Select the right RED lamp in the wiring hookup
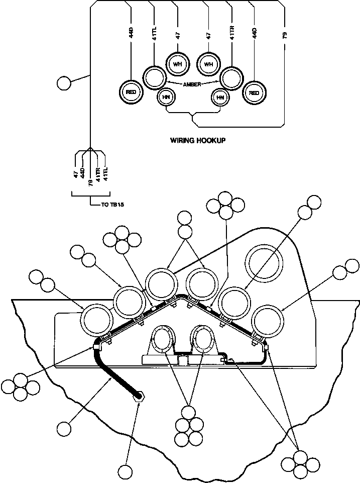(254, 92)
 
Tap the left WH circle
(177, 64)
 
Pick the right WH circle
(208, 64)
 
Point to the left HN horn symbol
(165, 98)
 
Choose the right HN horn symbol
(219, 98)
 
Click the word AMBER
(192, 84)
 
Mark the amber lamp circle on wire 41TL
(153, 78)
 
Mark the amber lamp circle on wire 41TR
(231, 78)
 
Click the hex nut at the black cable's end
(139, 397)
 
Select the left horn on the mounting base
(163, 339)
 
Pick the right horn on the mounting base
(204, 339)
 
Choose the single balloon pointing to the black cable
(64, 429)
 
